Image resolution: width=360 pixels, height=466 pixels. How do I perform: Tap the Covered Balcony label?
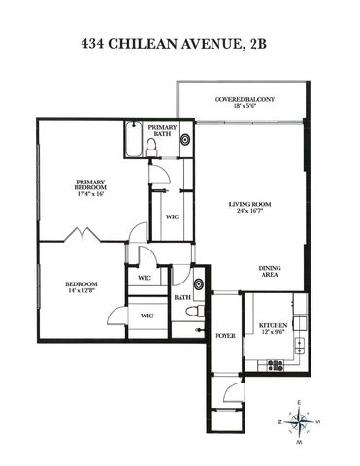pyautogui.click(x=244, y=99)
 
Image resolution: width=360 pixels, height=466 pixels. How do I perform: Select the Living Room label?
pyautogui.click(x=247, y=203)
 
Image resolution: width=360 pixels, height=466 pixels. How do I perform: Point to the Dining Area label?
pyautogui.click(x=269, y=273)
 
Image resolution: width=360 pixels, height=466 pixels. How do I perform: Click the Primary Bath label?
pyautogui.click(x=162, y=131)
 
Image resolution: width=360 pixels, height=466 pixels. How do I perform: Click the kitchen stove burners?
pyautogui.click(x=276, y=365)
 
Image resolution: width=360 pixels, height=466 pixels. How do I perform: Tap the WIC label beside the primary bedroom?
pyautogui.click(x=171, y=216)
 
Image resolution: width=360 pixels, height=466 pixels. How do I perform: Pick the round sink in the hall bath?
pyautogui.click(x=197, y=283)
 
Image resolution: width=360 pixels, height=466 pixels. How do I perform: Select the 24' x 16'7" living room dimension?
pyautogui.click(x=247, y=211)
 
